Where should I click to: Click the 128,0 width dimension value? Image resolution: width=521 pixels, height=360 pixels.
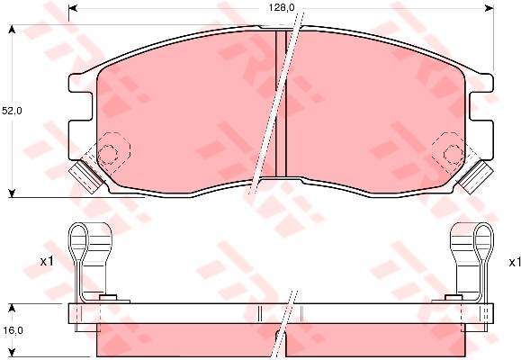pos(282,7)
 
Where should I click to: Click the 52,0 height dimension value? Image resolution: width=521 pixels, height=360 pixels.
pos(12,111)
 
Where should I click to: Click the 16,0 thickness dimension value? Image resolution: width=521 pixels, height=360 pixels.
pos(13,330)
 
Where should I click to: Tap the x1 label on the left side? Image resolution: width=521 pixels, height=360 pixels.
pos(47,262)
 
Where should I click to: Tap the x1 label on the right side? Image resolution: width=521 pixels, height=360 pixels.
pos(515,263)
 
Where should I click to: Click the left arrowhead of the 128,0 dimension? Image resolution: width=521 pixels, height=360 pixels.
pos(73,8)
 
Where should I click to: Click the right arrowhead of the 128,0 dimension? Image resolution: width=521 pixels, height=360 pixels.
pos(490,8)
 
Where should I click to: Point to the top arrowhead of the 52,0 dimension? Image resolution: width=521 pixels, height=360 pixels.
pos(12,30)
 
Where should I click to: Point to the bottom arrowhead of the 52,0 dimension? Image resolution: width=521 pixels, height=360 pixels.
pos(12,193)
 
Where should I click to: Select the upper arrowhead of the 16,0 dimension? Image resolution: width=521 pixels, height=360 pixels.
pos(12,308)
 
